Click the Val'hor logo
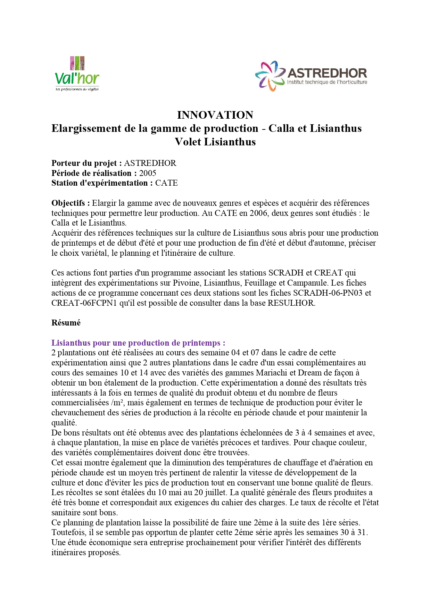coord(77,74)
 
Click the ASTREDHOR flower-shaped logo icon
coord(270,76)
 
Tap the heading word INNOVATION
coord(215,115)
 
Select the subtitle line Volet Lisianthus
coord(215,142)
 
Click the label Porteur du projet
coord(86,163)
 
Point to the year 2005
coord(148,173)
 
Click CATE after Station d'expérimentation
coord(166,183)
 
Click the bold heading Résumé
coord(66,323)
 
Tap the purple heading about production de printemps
coord(138,343)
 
